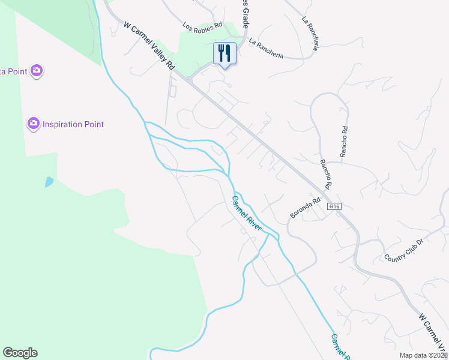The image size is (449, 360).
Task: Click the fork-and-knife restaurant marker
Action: click(225, 54)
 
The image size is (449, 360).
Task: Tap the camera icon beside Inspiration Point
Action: click(34, 124)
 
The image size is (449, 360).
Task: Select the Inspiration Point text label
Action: click(73, 125)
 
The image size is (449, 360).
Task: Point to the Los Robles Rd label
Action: click(202, 26)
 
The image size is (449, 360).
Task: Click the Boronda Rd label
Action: click(306, 206)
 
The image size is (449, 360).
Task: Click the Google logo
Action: click(20, 353)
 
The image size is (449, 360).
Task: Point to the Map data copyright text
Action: click(424, 355)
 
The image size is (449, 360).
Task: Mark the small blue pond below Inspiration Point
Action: click(49, 182)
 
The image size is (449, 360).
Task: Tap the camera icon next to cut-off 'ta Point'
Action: click(37, 71)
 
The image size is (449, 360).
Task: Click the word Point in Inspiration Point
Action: click(91, 125)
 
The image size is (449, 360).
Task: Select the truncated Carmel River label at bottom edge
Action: click(339, 347)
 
